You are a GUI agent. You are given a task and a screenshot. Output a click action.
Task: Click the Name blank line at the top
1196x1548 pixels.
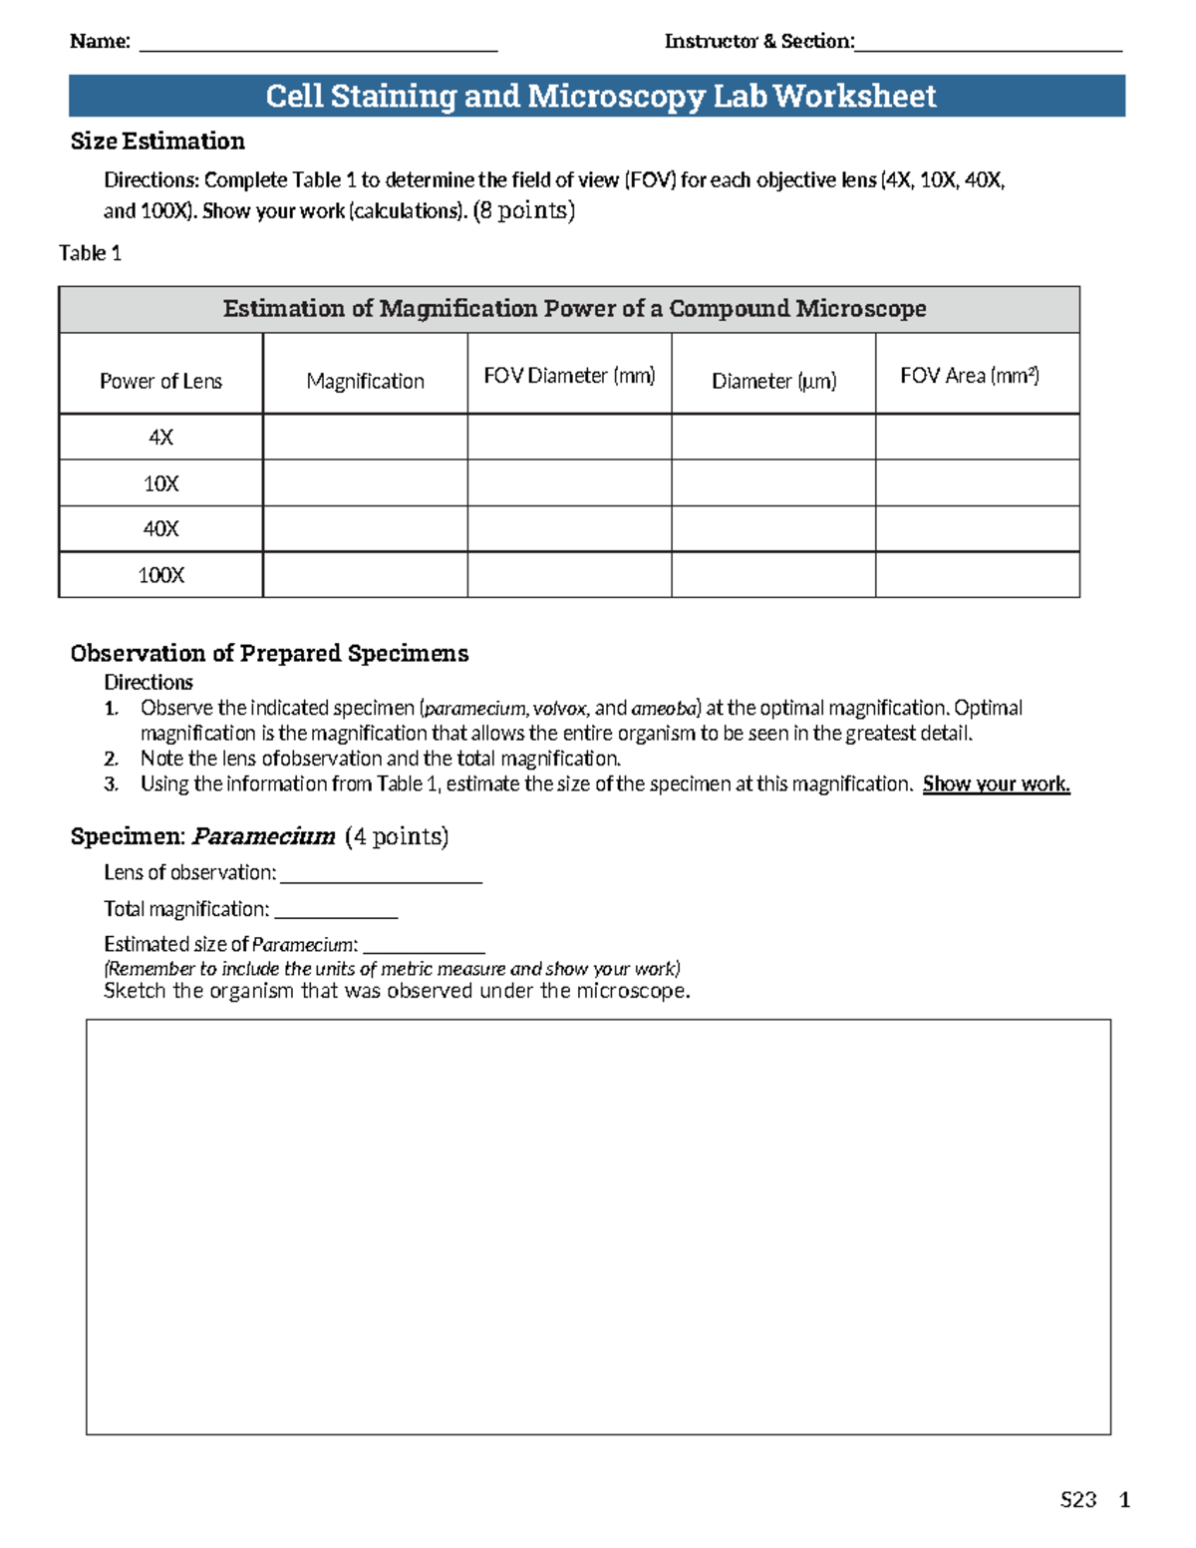click(318, 46)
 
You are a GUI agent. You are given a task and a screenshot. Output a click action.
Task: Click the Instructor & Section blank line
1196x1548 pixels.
click(988, 46)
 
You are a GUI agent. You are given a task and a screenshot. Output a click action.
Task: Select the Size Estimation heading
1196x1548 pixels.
click(157, 142)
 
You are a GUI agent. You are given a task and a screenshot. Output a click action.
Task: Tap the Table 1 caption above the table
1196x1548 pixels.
click(90, 253)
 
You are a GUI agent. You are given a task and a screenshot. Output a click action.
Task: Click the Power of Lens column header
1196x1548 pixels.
click(160, 381)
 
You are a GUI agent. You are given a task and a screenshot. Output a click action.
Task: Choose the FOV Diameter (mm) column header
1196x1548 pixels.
click(569, 376)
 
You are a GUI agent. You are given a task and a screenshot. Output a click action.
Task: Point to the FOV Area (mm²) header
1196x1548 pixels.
click(970, 376)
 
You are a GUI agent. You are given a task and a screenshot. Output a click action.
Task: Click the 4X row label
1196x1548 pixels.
click(160, 438)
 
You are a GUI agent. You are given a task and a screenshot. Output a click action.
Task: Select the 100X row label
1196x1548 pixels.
click(160, 575)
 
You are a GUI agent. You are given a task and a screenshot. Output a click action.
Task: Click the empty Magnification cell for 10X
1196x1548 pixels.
click(365, 483)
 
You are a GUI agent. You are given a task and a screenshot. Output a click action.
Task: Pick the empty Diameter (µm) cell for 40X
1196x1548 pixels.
click(773, 529)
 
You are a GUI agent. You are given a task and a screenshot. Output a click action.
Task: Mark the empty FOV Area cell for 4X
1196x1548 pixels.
click(978, 438)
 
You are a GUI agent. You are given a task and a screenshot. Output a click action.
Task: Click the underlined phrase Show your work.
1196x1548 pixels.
click(996, 784)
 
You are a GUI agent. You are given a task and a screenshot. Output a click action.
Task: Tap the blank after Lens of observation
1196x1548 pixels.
click(382, 877)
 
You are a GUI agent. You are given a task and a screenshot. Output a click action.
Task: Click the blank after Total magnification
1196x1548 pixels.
click(336, 913)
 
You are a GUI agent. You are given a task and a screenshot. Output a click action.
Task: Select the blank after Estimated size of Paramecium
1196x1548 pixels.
click(424, 948)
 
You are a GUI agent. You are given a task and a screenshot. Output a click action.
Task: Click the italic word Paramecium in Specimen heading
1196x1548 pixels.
click(264, 836)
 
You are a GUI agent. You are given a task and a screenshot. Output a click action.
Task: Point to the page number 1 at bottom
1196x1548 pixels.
click(1125, 1500)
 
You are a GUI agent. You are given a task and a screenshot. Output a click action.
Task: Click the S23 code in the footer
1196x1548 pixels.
click(1078, 1500)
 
